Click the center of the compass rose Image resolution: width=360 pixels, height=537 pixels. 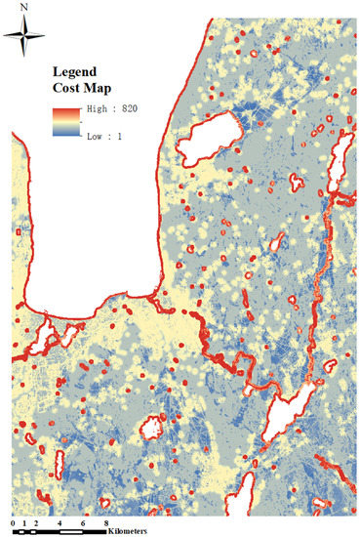coord(26,39)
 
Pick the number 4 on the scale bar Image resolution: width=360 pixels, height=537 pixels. coord(60,525)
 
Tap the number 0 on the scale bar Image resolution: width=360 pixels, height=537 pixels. coord(18,525)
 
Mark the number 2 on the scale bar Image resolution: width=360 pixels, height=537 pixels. coord(36,525)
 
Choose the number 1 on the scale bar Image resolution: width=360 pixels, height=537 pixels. coord(26,525)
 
